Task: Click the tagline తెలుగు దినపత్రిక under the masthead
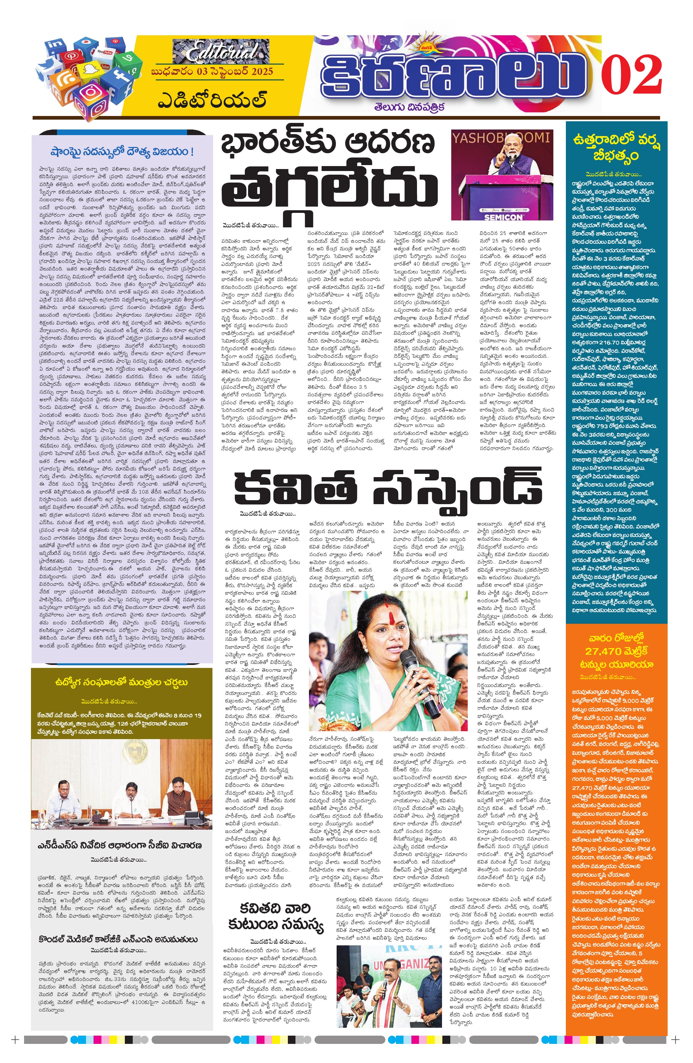[x=409, y=107]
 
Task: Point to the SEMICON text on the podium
[x=503, y=217]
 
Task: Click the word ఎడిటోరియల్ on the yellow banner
[x=212, y=101]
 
